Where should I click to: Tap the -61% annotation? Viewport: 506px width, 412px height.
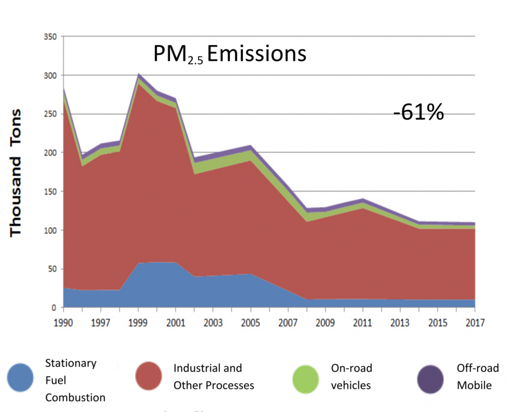(x=418, y=113)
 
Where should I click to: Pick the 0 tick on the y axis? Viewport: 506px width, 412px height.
(x=54, y=307)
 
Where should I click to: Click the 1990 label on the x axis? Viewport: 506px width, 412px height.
(x=63, y=322)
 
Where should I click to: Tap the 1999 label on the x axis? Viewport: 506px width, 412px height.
(x=138, y=322)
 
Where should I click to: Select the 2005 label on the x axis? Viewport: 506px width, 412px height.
(x=250, y=322)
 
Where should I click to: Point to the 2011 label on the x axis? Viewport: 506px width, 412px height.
(x=363, y=322)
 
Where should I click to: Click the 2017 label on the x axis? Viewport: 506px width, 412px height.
(x=474, y=322)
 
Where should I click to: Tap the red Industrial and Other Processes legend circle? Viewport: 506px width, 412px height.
(x=149, y=376)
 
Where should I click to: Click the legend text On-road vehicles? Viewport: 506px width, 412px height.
(x=352, y=377)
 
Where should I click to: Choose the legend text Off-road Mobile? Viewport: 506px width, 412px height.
(x=477, y=377)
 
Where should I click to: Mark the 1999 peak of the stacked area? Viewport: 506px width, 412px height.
(x=138, y=74)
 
